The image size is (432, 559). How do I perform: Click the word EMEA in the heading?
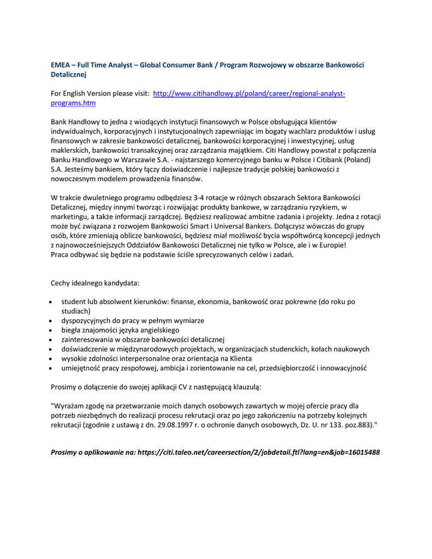pyautogui.click(x=61, y=64)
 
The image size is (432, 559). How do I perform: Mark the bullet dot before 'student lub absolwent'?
pyautogui.click(x=51, y=302)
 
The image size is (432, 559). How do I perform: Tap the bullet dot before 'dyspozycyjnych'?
pyautogui.click(x=51, y=321)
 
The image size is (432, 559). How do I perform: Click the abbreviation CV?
pyautogui.click(x=184, y=387)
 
